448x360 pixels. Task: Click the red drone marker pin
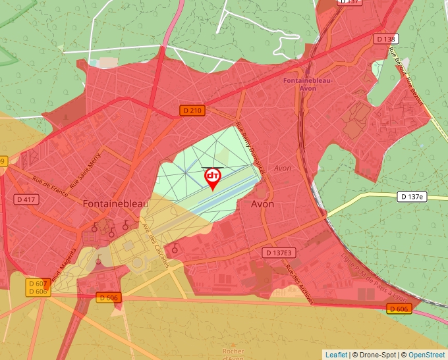(213, 178)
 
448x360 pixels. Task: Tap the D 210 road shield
(192, 111)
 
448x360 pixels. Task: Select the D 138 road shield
(386, 39)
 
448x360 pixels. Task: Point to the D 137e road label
(413, 197)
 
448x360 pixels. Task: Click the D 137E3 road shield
(279, 253)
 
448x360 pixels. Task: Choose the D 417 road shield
(27, 199)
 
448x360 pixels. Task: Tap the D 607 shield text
(39, 283)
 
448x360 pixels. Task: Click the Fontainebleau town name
(115, 204)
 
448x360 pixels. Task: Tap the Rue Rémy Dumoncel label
(250, 147)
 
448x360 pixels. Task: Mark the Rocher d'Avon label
(233, 354)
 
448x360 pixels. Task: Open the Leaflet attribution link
(336, 355)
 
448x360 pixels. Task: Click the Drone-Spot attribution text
(375, 355)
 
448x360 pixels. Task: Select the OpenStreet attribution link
(426, 355)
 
